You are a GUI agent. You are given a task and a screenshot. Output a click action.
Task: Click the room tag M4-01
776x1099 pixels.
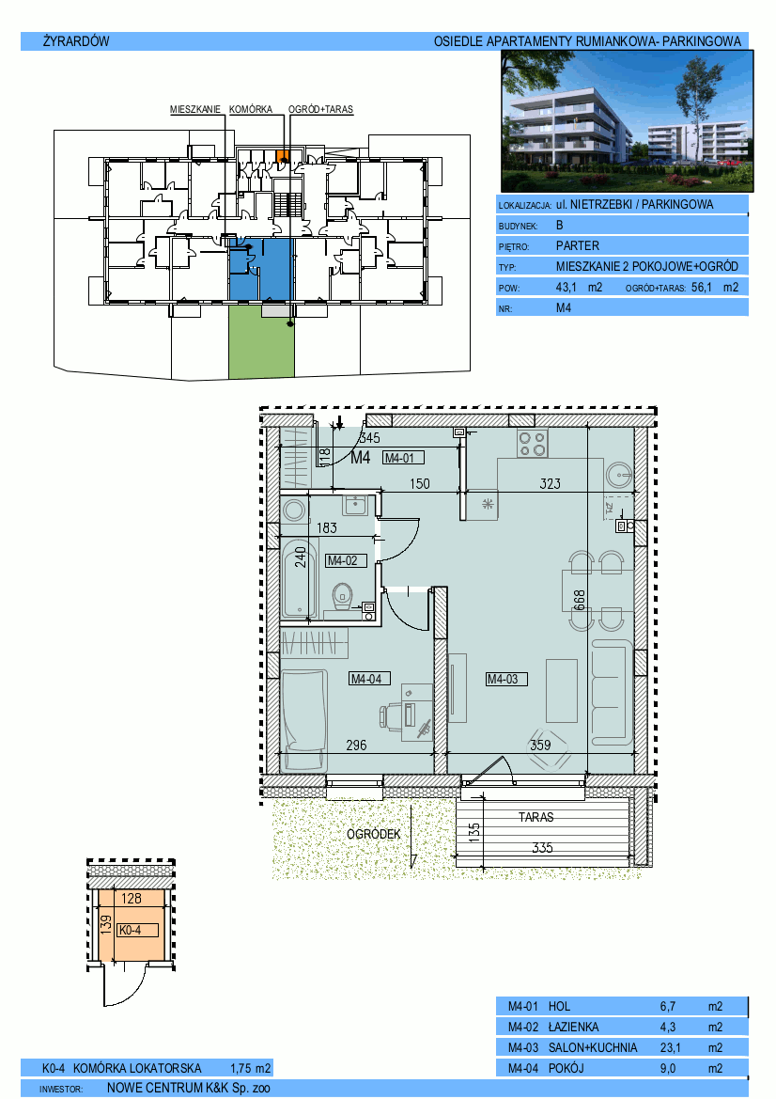[x=403, y=458]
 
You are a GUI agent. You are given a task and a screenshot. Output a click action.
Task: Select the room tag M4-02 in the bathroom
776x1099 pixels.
[x=346, y=560]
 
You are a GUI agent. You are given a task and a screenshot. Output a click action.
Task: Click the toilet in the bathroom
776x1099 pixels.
[x=343, y=596]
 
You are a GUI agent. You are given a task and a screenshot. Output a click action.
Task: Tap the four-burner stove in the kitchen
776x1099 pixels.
[x=533, y=443]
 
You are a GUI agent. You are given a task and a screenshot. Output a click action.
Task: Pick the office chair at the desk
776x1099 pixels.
[x=392, y=716]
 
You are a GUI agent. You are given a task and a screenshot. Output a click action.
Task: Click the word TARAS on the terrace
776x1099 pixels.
[x=536, y=817]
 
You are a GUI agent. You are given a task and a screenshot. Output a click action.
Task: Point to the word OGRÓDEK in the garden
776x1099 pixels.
[x=374, y=834]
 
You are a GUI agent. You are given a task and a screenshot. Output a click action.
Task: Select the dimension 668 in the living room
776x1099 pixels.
[x=580, y=601]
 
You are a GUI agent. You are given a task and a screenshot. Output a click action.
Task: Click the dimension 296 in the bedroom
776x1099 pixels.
[x=356, y=746]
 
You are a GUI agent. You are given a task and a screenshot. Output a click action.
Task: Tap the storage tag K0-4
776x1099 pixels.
[x=131, y=930]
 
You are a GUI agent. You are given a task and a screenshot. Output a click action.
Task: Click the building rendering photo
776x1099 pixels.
[x=628, y=120]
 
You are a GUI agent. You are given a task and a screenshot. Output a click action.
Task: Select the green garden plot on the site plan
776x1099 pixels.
[x=261, y=341]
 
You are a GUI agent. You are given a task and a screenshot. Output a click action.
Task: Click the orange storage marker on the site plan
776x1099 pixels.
[x=282, y=156]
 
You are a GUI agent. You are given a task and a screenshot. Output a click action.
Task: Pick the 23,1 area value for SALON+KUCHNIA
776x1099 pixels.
[x=670, y=1048]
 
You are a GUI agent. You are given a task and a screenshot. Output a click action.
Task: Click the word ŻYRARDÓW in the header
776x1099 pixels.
[x=76, y=41]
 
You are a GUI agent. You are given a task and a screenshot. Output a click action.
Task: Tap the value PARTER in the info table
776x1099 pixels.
[x=578, y=246]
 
